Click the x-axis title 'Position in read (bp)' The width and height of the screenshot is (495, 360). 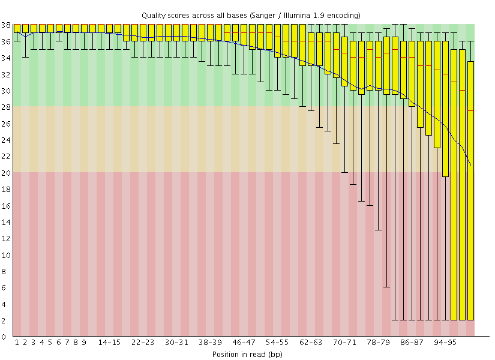[247, 354]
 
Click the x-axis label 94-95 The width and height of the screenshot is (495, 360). [445, 343]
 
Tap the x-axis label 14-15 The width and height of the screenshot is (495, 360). [109, 343]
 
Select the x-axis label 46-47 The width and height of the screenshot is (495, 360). [244, 343]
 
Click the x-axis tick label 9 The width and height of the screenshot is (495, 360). [84, 343]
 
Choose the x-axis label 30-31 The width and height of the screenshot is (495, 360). [176, 343]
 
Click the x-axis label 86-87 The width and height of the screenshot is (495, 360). [412, 343]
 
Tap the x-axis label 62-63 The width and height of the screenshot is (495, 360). [311, 343]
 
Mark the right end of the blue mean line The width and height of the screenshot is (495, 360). [471, 165]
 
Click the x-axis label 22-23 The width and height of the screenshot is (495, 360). [143, 343]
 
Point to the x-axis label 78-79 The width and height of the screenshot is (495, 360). [378, 343]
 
